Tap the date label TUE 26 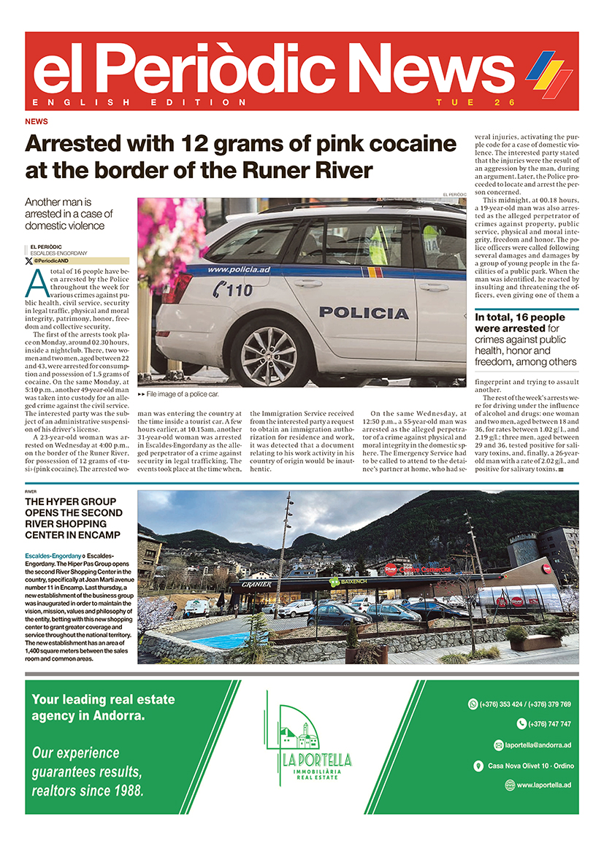(475, 102)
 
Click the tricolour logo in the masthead (549, 73)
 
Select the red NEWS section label (37, 121)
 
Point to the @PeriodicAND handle (51, 261)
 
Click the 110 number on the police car (232, 289)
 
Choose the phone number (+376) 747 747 (543, 724)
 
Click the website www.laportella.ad (542, 785)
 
